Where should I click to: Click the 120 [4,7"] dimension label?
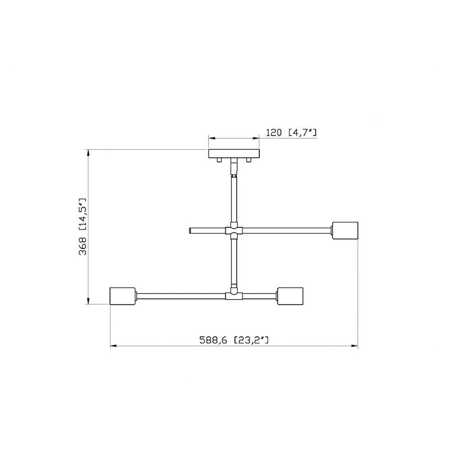point(291,133)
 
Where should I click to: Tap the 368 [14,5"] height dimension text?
point(83,227)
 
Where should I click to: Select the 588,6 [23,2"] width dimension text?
point(234,340)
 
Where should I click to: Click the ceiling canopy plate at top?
point(234,154)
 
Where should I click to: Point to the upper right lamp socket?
point(345,230)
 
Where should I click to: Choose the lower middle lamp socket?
point(290,296)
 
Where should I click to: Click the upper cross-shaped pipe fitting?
point(234,230)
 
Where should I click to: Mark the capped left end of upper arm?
point(190,230)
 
